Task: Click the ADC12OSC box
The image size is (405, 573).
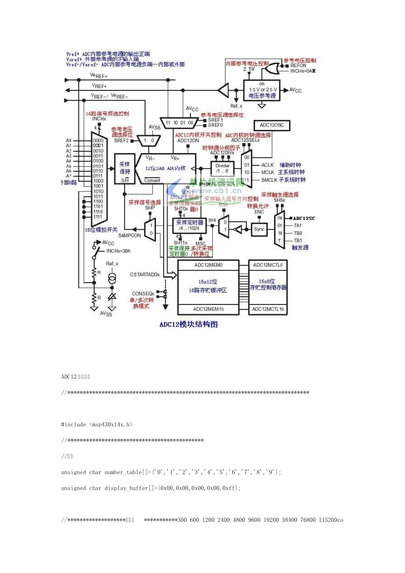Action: coord(272,125)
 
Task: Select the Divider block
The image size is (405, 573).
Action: coord(223,168)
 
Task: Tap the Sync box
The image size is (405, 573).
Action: coord(259,229)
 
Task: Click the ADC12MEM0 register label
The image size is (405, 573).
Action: coord(208,265)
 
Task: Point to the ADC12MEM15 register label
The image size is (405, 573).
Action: coord(208,309)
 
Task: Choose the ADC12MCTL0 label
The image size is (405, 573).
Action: coord(267,265)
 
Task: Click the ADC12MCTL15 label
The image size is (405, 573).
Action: coord(267,309)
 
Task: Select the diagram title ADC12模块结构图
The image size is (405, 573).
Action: coord(188,324)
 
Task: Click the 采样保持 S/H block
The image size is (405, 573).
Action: coord(124,169)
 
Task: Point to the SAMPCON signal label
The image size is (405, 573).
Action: coord(129,235)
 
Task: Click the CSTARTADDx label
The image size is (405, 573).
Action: coord(145,275)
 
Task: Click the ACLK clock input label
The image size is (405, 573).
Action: coord(267,165)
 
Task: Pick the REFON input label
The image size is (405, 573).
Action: coord(298,66)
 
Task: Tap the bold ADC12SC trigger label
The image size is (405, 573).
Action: coord(304,218)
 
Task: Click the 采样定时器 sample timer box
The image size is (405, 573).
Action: coord(190,225)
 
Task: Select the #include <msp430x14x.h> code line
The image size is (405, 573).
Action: coord(97,425)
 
